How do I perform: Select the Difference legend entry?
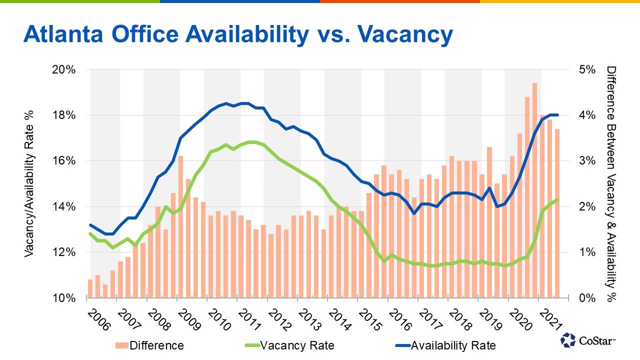pyautogui.click(x=156, y=345)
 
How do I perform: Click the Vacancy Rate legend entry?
pyautogui.click(x=297, y=345)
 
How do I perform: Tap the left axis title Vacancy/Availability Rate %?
pyautogui.click(x=29, y=184)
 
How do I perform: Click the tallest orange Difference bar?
pyautogui.click(x=534, y=190)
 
